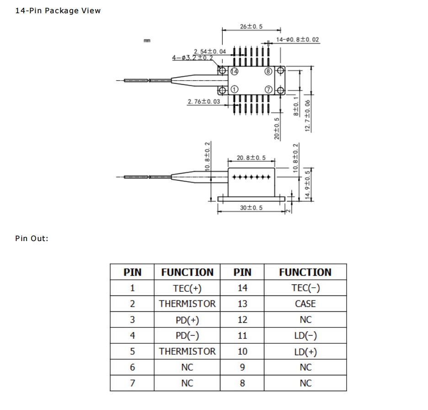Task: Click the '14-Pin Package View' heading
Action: [x=58, y=11]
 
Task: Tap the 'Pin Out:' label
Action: [x=32, y=238]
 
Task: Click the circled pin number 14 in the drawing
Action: [x=234, y=71]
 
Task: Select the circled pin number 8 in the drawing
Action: [x=268, y=71]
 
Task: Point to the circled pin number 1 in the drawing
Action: [x=234, y=89]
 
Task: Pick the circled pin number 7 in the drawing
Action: [x=268, y=89]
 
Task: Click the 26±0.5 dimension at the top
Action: [x=251, y=27]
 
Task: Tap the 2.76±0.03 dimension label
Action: [x=203, y=101]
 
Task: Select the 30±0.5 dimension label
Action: [x=251, y=208]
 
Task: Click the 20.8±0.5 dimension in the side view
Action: [x=251, y=158]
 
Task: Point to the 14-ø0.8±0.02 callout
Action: [x=298, y=40]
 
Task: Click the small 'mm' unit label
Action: [x=147, y=41]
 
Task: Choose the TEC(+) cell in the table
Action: [x=187, y=288]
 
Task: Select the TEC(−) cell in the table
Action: [x=305, y=288]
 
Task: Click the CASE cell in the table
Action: [x=305, y=304]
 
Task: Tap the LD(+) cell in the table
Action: [x=305, y=352]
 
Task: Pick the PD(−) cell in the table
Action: [x=187, y=336]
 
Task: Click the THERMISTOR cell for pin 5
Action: [x=187, y=352]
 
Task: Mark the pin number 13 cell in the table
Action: [x=242, y=304]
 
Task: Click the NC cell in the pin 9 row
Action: [x=305, y=368]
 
